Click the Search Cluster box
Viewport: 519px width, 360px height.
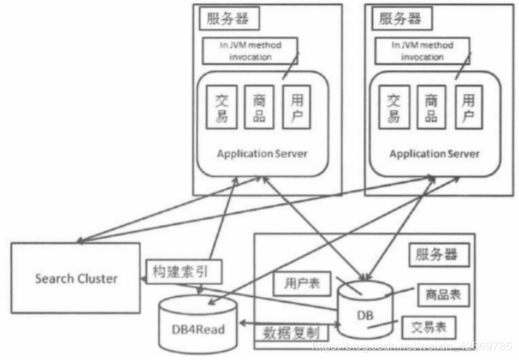[76, 278]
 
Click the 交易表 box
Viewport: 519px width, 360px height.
[428, 325]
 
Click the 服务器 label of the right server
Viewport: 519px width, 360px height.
[401, 18]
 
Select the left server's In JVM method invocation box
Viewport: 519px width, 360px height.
[250, 50]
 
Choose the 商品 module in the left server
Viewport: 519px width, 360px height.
[259, 107]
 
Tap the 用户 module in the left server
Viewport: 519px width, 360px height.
[296, 107]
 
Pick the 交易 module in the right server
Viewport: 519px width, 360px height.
[395, 107]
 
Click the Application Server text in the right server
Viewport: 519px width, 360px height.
[434, 154]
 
